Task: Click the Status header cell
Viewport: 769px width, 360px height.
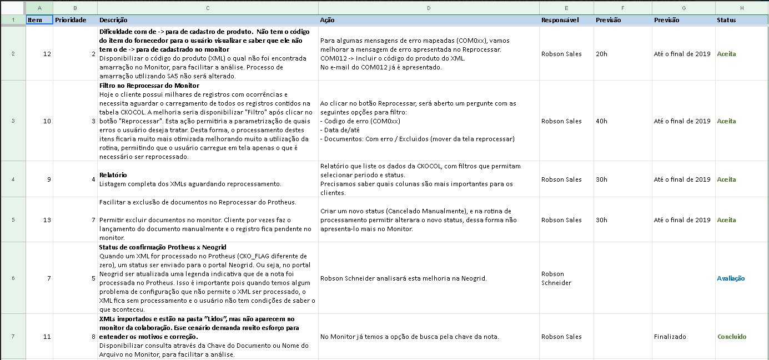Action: (726, 20)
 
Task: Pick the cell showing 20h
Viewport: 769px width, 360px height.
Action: (601, 54)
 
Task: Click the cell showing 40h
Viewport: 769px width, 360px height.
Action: (601, 121)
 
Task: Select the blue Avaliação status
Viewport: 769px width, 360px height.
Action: (731, 278)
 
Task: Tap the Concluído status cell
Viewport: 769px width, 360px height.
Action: (732, 337)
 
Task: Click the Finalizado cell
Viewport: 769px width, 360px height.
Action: (670, 337)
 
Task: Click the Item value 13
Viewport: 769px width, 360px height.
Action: (47, 220)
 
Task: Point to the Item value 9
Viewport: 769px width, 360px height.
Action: (49, 179)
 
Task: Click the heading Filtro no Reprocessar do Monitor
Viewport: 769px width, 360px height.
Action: (149, 86)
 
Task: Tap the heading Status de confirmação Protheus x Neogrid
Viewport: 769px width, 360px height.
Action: (163, 247)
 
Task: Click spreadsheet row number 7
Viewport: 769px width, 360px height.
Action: (13, 337)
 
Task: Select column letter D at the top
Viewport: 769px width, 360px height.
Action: (429, 8)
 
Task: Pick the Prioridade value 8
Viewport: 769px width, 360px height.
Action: (93, 337)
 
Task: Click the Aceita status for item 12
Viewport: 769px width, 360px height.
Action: (726, 54)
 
